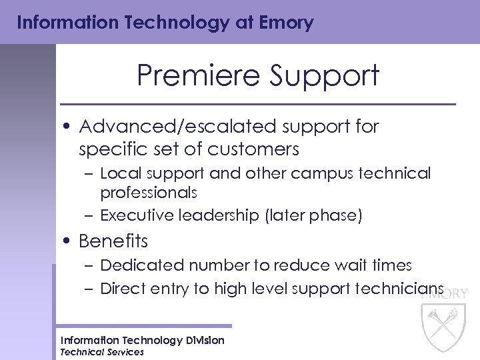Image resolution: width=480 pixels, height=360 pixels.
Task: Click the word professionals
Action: (149, 193)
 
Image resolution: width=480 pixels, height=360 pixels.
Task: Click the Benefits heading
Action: (113, 241)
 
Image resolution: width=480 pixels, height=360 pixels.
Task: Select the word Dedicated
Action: (142, 265)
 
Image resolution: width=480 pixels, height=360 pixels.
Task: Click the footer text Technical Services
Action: (102, 352)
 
